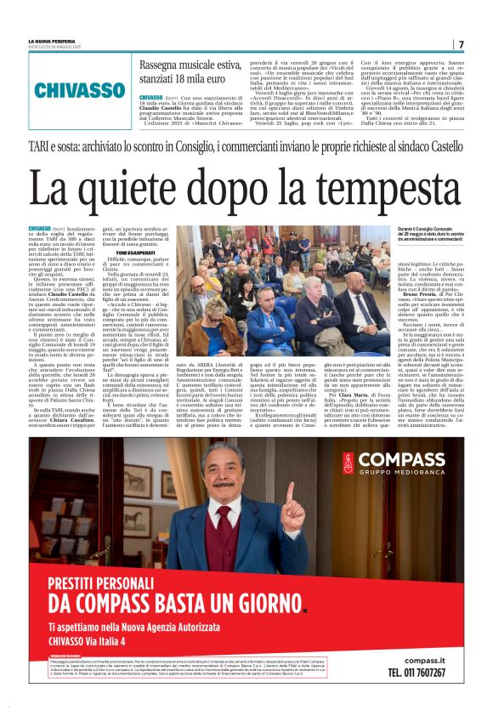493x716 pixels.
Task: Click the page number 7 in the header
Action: pos(461,44)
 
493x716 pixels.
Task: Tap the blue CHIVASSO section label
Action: pos(80,89)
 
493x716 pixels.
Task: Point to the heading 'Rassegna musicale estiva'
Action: pos(192,66)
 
